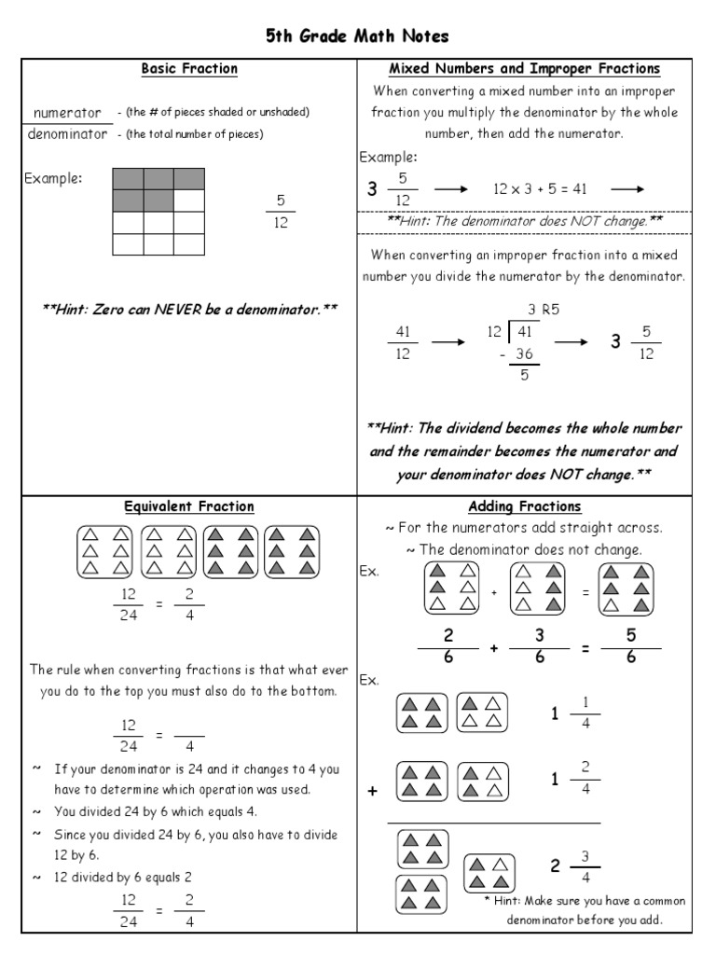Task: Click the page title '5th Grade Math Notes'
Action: (x=358, y=36)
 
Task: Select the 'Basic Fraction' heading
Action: (x=189, y=68)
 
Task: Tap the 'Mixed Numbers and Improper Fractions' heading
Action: (x=524, y=68)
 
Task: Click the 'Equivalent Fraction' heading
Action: (x=189, y=506)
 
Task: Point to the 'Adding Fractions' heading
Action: (x=524, y=506)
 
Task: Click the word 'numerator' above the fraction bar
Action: (x=66, y=113)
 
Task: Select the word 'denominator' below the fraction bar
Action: (x=67, y=133)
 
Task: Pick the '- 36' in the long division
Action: (x=520, y=354)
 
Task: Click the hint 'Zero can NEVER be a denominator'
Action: (x=189, y=309)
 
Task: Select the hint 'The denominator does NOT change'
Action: (x=524, y=221)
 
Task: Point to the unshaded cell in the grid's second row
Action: (x=189, y=201)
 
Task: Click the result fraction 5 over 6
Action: (x=631, y=646)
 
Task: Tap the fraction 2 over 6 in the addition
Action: (x=447, y=646)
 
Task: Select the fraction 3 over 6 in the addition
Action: (x=539, y=646)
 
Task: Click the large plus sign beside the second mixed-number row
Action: (x=373, y=791)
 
